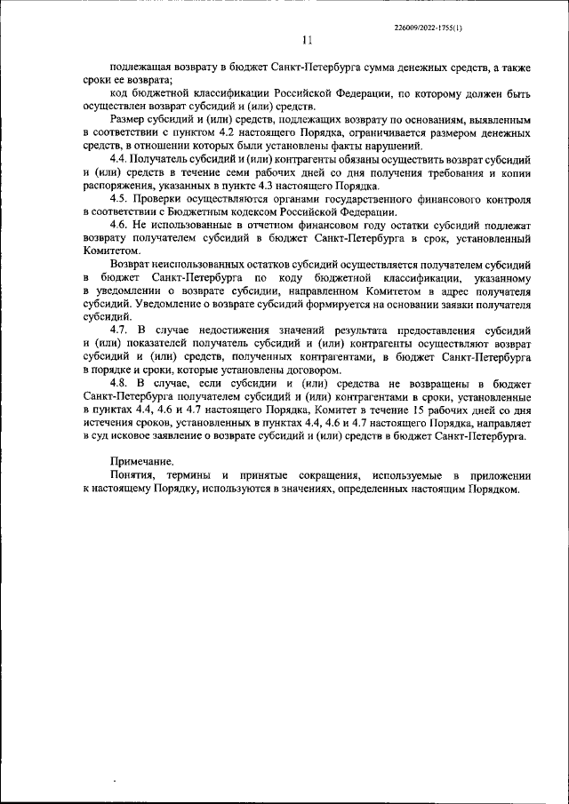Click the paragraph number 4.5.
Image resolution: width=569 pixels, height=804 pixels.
(121, 199)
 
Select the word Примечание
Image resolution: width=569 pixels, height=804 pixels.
(142, 463)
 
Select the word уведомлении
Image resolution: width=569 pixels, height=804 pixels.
(132, 291)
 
